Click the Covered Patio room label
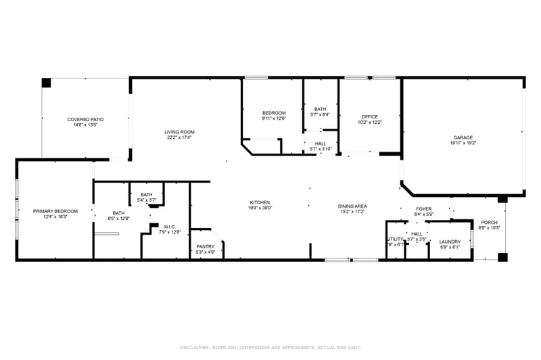coord(85,119)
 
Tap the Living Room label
coord(179,132)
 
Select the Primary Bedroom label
coord(55,211)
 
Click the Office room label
coord(369,116)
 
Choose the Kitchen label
coord(260,202)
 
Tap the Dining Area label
coord(352,206)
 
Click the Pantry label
coord(205,246)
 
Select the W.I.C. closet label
coord(170,227)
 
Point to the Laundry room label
coord(450,242)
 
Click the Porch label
coord(489,222)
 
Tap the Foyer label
coord(423,209)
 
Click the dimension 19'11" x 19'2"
coord(463,143)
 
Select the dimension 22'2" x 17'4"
coord(179,137)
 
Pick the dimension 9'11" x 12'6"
coord(274,118)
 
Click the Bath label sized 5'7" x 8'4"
coord(320,109)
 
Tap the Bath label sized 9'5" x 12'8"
coord(118,213)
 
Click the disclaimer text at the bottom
coord(270,346)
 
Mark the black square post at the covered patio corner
coord(46,83)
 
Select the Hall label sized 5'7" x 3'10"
coord(320,143)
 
